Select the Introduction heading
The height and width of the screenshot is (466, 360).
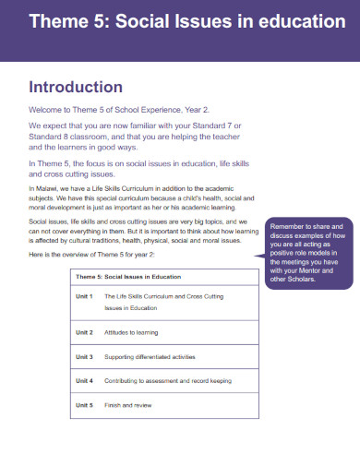(x=76, y=88)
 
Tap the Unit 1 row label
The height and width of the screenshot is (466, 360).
(x=84, y=296)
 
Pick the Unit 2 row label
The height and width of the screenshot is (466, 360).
(x=84, y=331)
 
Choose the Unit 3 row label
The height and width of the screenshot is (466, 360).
(x=84, y=356)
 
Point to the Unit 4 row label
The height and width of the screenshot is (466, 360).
(x=84, y=380)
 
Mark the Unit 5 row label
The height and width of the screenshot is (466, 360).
(x=84, y=405)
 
